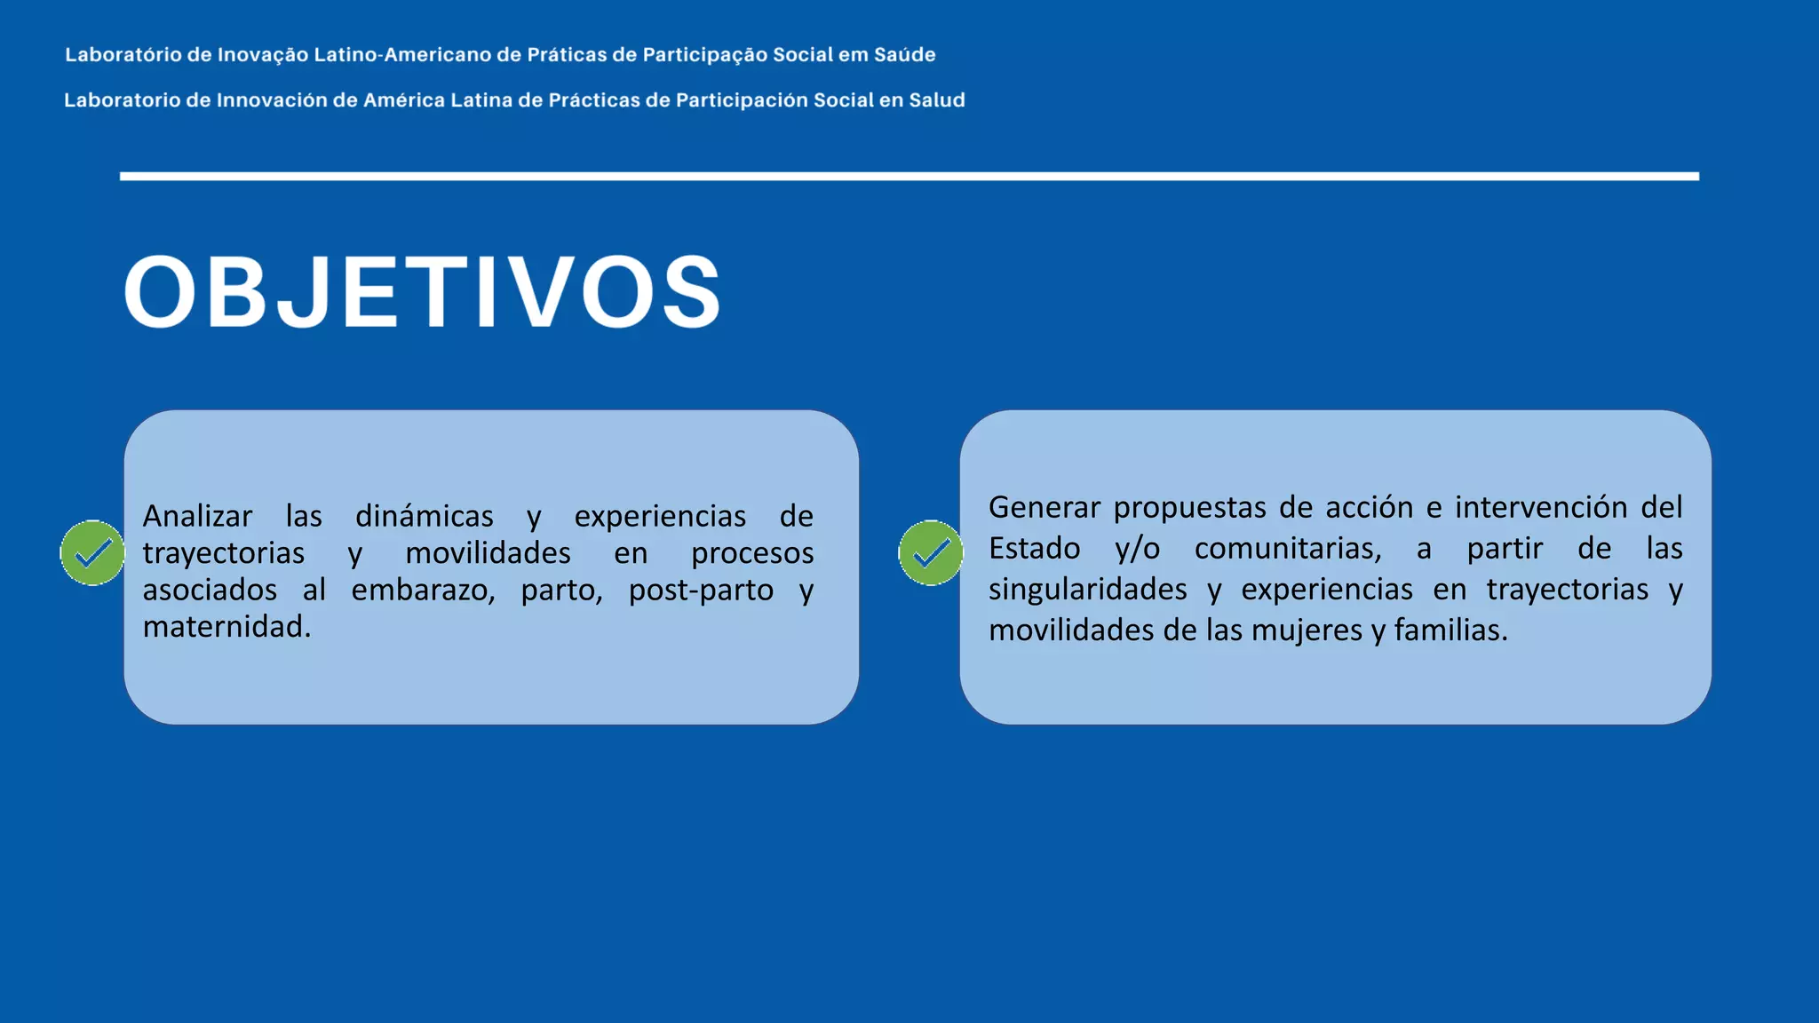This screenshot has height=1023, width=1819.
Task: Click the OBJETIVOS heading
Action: point(423,292)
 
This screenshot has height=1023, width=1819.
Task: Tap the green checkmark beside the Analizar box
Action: point(92,553)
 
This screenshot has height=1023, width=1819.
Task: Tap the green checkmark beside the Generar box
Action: point(931,553)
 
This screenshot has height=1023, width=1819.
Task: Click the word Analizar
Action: point(197,516)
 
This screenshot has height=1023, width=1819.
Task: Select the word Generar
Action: point(1044,507)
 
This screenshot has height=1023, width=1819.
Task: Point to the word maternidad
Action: point(226,627)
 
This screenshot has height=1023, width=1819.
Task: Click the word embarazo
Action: point(423,590)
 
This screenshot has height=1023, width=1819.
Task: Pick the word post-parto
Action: point(701,590)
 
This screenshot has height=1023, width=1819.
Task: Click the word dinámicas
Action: point(424,516)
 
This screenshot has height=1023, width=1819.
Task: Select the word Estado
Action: point(1034,548)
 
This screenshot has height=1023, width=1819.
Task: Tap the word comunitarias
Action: point(1288,548)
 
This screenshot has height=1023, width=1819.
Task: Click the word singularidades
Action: point(1087,589)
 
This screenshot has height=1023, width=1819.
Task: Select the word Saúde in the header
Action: point(904,55)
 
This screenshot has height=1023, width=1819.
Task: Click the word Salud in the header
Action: point(936,100)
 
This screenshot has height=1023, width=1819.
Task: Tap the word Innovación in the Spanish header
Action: point(272,100)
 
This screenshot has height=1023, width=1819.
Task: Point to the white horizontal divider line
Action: point(909,177)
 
